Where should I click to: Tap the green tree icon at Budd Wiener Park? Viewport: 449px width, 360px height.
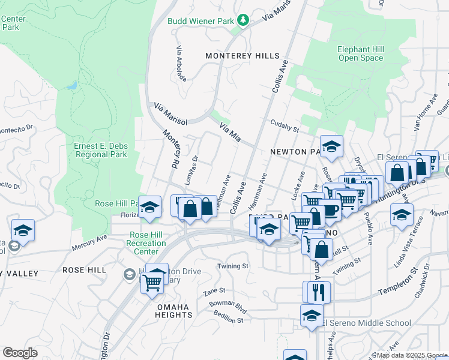(x=243, y=21)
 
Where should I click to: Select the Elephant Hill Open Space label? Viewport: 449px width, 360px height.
(x=360, y=53)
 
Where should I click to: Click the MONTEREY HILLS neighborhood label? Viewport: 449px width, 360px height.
(x=243, y=55)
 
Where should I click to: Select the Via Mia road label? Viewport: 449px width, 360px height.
(x=230, y=133)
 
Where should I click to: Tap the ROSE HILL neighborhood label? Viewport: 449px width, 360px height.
(x=85, y=271)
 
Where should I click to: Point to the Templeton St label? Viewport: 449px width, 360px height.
(x=397, y=286)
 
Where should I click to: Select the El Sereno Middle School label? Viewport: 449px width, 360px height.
(x=367, y=323)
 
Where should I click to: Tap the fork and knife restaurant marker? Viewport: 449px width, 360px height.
(x=318, y=292)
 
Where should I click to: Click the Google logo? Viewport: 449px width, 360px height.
(x=20, y=353)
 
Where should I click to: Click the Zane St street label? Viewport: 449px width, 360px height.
(x=214, y=292)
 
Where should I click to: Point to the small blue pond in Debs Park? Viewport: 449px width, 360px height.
(x=72, y=86)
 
